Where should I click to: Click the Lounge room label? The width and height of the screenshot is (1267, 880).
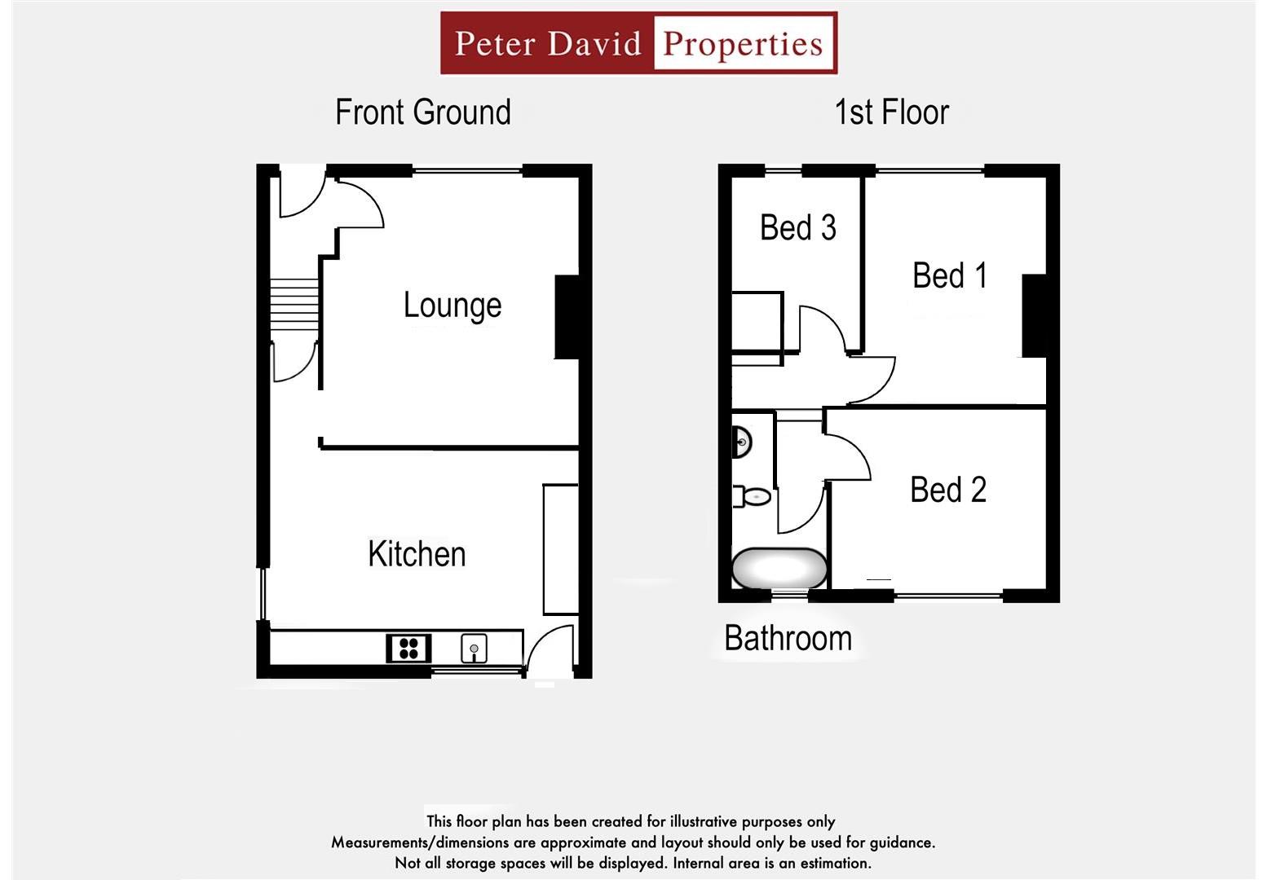pos(452,306)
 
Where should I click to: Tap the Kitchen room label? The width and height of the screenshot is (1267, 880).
pos(417,554)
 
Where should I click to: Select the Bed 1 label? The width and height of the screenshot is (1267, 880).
pos(950,275)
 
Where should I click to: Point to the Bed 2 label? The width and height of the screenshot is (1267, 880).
pos(948,491)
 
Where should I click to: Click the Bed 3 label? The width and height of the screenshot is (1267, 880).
pos(797,227)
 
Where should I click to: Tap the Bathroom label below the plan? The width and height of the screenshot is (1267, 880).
pos(788,638)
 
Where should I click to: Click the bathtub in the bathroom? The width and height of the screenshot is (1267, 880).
pos(779,568)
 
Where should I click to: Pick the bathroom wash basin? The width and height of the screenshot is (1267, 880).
pos(741,442)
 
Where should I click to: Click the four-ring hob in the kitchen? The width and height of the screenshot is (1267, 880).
pos(408,649)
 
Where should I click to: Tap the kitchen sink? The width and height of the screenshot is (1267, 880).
pos(474,649)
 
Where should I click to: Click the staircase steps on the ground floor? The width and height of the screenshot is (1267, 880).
pos(294,305)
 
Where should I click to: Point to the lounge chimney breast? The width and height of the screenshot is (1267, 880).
pos(567,317)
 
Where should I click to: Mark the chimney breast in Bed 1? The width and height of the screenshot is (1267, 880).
pos(1034,315)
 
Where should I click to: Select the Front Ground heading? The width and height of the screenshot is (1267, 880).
pos(422,112)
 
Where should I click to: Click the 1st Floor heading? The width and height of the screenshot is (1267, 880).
pos(891,112)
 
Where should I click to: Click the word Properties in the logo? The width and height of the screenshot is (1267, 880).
pos(743,43)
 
